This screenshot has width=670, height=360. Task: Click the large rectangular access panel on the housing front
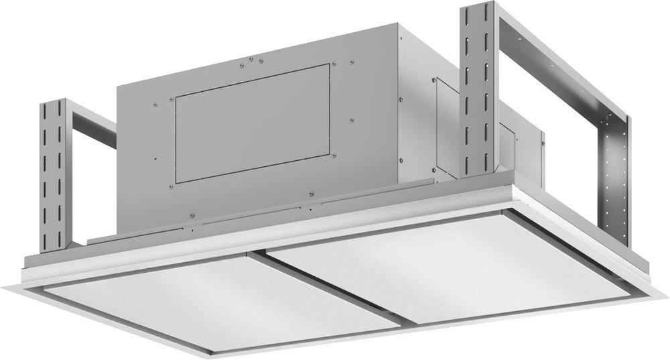[x=253, y=122]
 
